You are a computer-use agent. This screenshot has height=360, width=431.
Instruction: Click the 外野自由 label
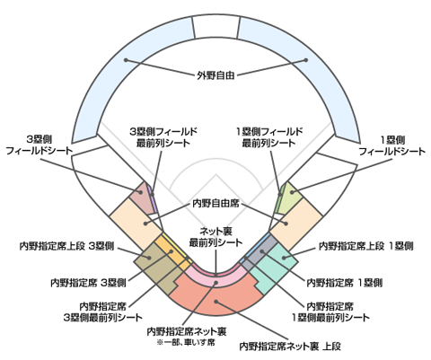pyautogui.click(x=215, y=75)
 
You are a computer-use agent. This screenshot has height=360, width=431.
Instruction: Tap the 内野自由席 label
pyautogui.click(x=215, y=204)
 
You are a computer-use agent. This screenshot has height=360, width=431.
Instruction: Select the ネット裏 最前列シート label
pyautogui.click(x=215, y=237)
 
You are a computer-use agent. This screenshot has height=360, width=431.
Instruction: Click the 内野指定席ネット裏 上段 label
pyautogui.click(x=290, y=347)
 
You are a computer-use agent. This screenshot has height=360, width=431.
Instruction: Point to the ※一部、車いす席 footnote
pyautogui.click(x=186, y=342)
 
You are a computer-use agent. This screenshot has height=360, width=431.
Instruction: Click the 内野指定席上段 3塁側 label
pyautogui.click(x=66, y=246)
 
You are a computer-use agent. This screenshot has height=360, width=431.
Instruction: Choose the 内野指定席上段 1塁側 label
pyautogui.click(x=366, y=246)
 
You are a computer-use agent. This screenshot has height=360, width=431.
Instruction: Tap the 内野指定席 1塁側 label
pyautogui.click(x=345, y=283)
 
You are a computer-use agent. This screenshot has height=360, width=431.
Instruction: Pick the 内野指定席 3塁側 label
pyautogui.click(x=88, y=283)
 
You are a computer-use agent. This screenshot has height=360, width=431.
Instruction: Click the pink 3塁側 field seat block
pyautogui.click(x=141, y=198)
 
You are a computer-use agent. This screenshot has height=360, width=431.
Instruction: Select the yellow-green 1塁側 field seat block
pyautogui.click(x=290, y=198)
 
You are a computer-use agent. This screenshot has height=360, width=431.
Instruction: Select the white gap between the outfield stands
pyautogui.click(x=216, y=27)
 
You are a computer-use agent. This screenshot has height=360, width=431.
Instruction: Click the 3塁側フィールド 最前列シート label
pyautogui.click(x=163, y=137)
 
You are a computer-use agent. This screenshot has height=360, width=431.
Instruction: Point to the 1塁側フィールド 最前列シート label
pyautogui.click(x=269, y=137)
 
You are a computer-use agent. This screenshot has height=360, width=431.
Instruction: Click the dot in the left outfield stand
pyautogui.click(x=126, y=60)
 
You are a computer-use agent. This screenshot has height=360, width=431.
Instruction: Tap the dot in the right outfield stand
pyautogui.click(x=306, y=60)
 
